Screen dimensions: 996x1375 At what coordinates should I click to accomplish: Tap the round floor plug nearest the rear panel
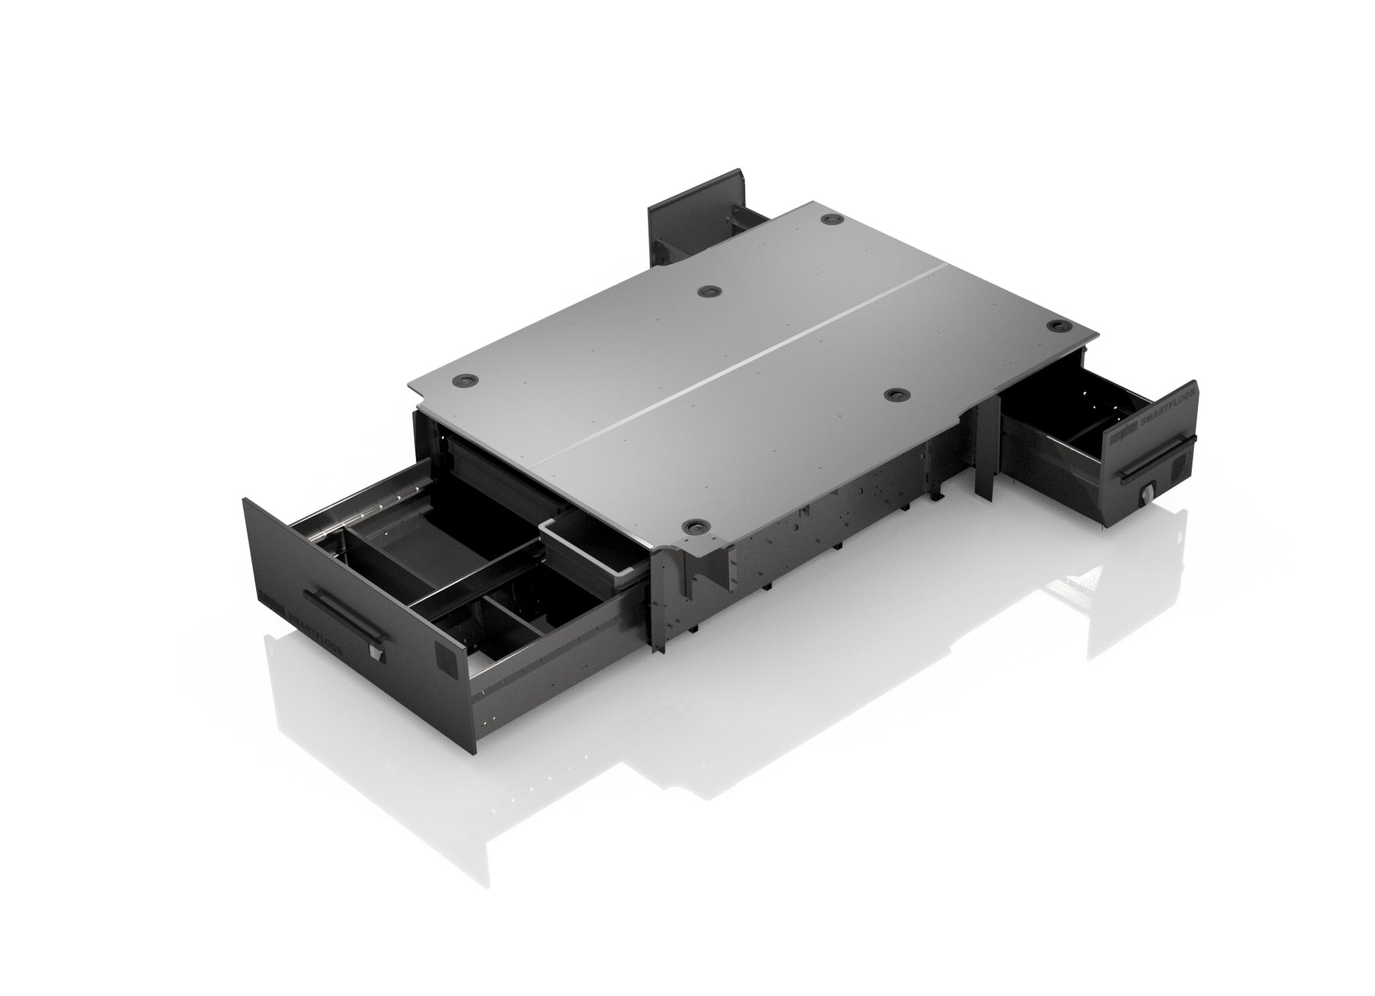pos(831,219)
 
